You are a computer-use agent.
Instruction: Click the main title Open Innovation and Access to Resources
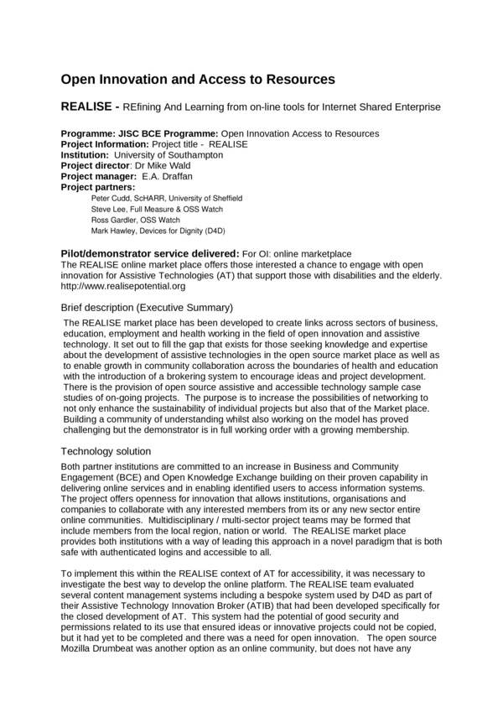(x=198, y=80)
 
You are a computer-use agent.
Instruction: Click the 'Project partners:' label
(x=99, y=187)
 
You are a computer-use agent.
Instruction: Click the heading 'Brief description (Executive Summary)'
(x=148, y=307)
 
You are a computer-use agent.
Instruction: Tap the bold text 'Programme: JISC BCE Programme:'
(x=140, y=133)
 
